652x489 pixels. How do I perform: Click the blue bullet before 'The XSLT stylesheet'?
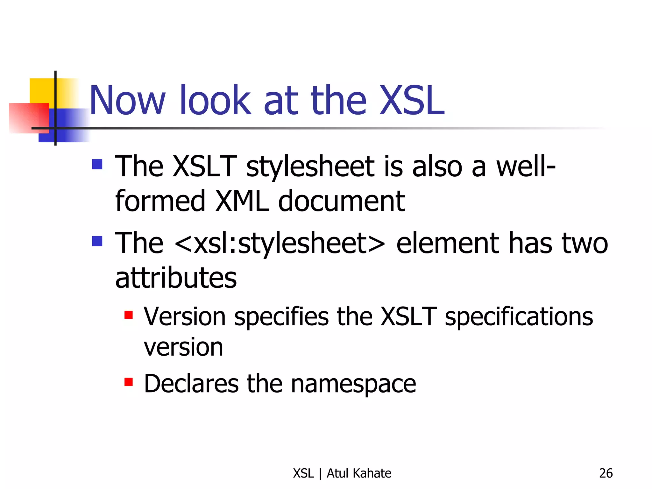tap(97, 164)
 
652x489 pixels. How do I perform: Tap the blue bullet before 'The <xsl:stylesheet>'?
tap(97, 241)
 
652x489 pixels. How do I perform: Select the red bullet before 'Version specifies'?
tap(129, 315)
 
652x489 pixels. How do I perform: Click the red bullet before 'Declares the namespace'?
tap(129, 382)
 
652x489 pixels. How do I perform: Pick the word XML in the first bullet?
tap(242, 201)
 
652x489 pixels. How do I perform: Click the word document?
tap(341, 201)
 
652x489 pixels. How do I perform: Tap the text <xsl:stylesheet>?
tap(280, 243)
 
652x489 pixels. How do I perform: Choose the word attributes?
tap(176, 278)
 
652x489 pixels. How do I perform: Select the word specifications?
tap(519, 317)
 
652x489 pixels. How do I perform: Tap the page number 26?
tap(606, 473)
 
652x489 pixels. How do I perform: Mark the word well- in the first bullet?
tap(526, 166)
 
